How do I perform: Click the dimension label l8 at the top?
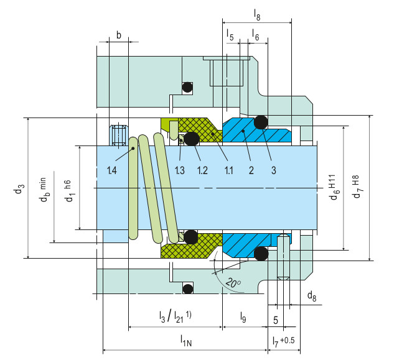point(258,12)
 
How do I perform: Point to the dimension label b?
point(118,35)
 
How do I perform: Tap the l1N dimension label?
point(186,340)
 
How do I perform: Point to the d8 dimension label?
point(311,297)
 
